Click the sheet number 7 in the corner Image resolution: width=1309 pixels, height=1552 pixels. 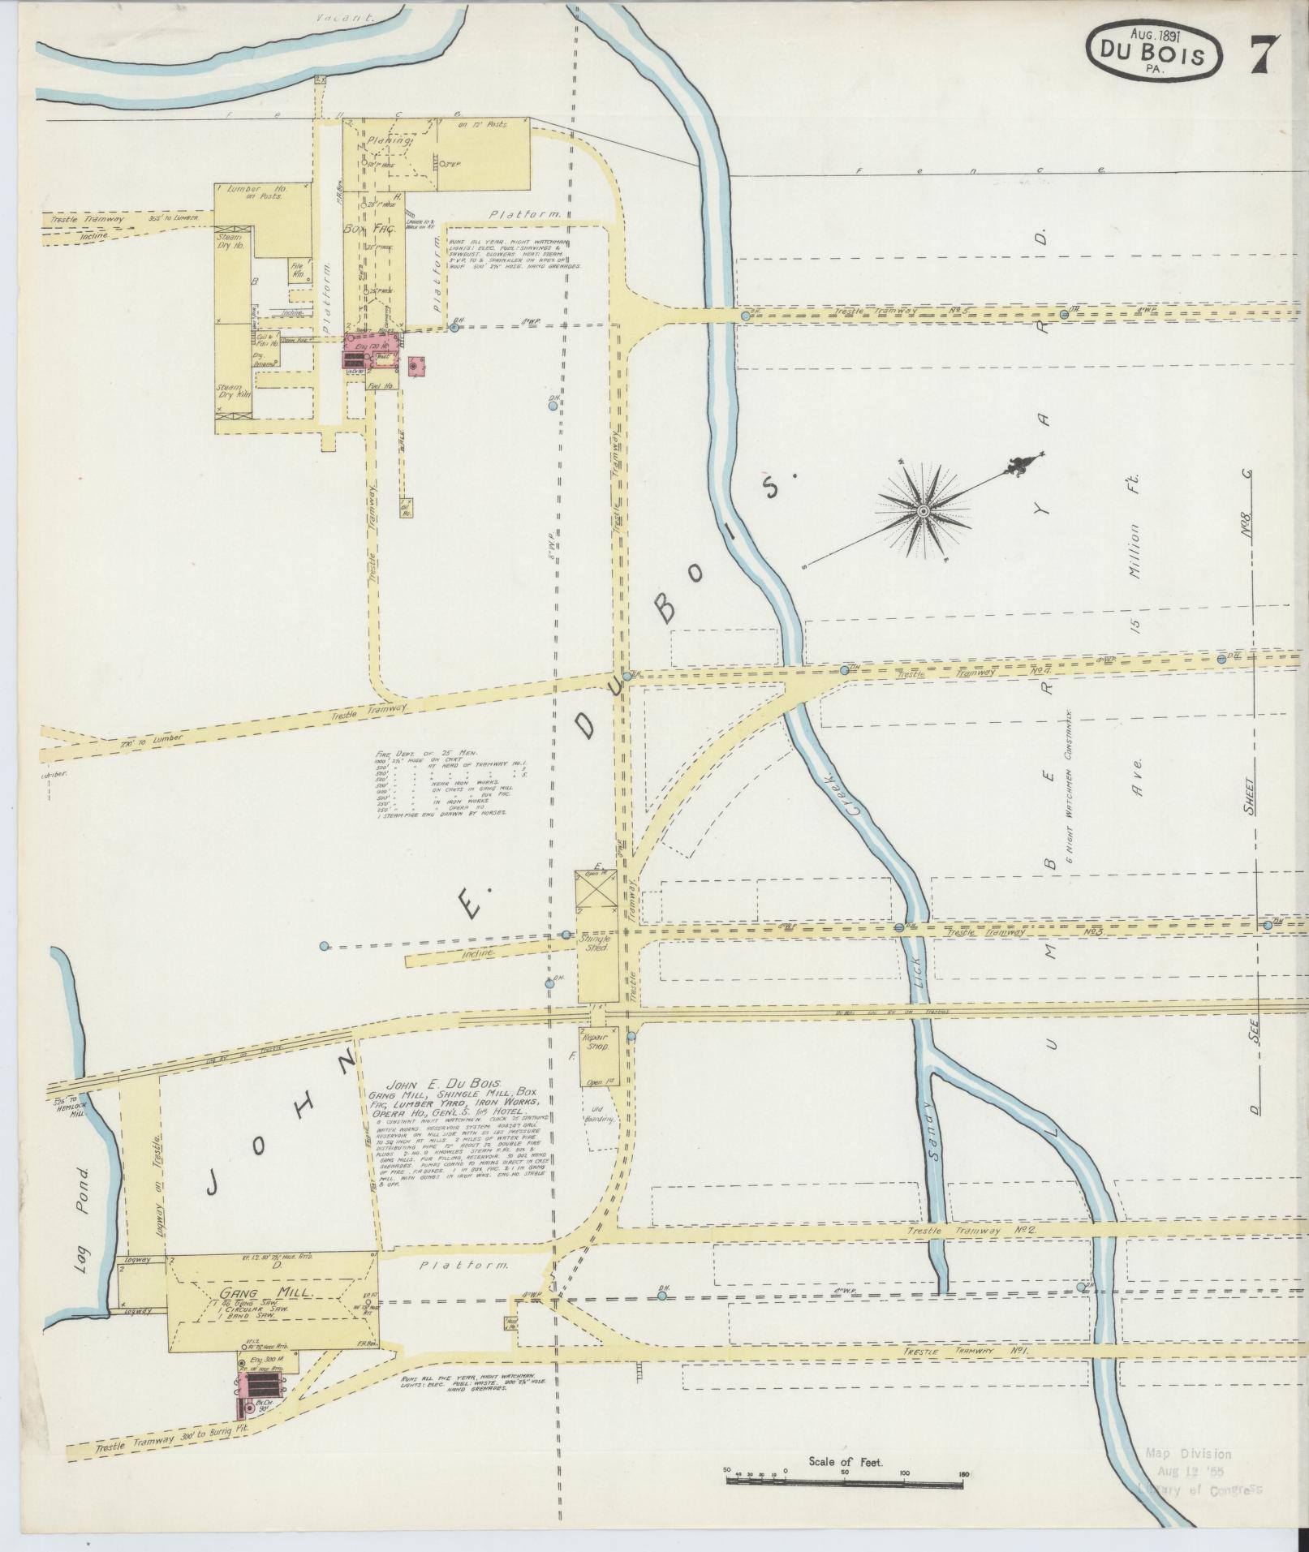coord(1264,55)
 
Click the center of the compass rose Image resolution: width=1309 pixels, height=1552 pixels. coord(923,511)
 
